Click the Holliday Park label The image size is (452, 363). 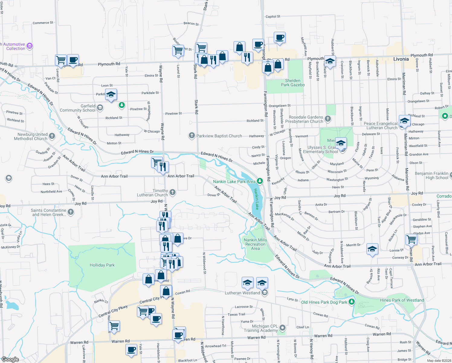point(102,265)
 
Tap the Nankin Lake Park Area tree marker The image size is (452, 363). point(260,181)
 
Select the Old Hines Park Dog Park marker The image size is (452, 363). point(351,302)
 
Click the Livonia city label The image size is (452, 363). point(401,59)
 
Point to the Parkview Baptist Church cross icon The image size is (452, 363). point(192,136)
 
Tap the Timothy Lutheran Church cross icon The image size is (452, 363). point(173,192)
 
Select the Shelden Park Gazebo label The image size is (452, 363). point(293,83)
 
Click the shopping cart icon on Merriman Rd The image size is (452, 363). point(412,239)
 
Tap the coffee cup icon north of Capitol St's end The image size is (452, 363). point(280,38)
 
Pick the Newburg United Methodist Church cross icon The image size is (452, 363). point(52,136)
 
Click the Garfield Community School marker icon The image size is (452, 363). point(100,108)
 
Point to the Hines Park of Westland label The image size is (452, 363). point(402,300)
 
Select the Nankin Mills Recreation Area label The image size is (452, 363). point(255,244)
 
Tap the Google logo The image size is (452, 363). point(10,359)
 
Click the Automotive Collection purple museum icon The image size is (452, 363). point(30,46)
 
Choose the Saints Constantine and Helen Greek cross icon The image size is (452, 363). point(71,212)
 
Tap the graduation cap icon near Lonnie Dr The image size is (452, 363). point(372,249)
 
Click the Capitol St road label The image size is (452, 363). point(273,17)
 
